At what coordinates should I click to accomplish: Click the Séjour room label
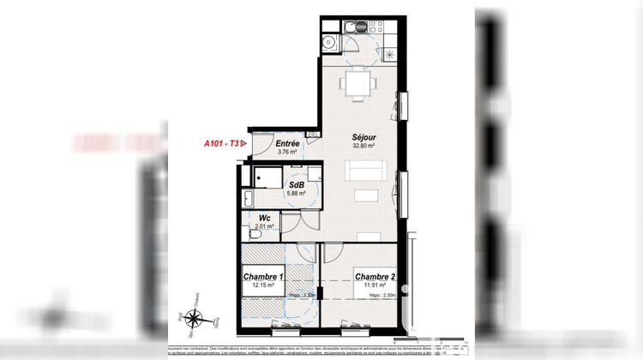(366, 137)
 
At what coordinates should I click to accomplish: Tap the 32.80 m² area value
(366, 147)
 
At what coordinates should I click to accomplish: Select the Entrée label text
(287, 144)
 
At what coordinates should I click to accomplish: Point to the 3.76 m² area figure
(287, 153)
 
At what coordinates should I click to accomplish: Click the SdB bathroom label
(296, 184)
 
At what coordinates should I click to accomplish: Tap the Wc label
(264, 219)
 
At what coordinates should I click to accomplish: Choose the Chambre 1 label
(263, 277)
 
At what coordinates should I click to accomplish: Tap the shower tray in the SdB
(264, 175)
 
